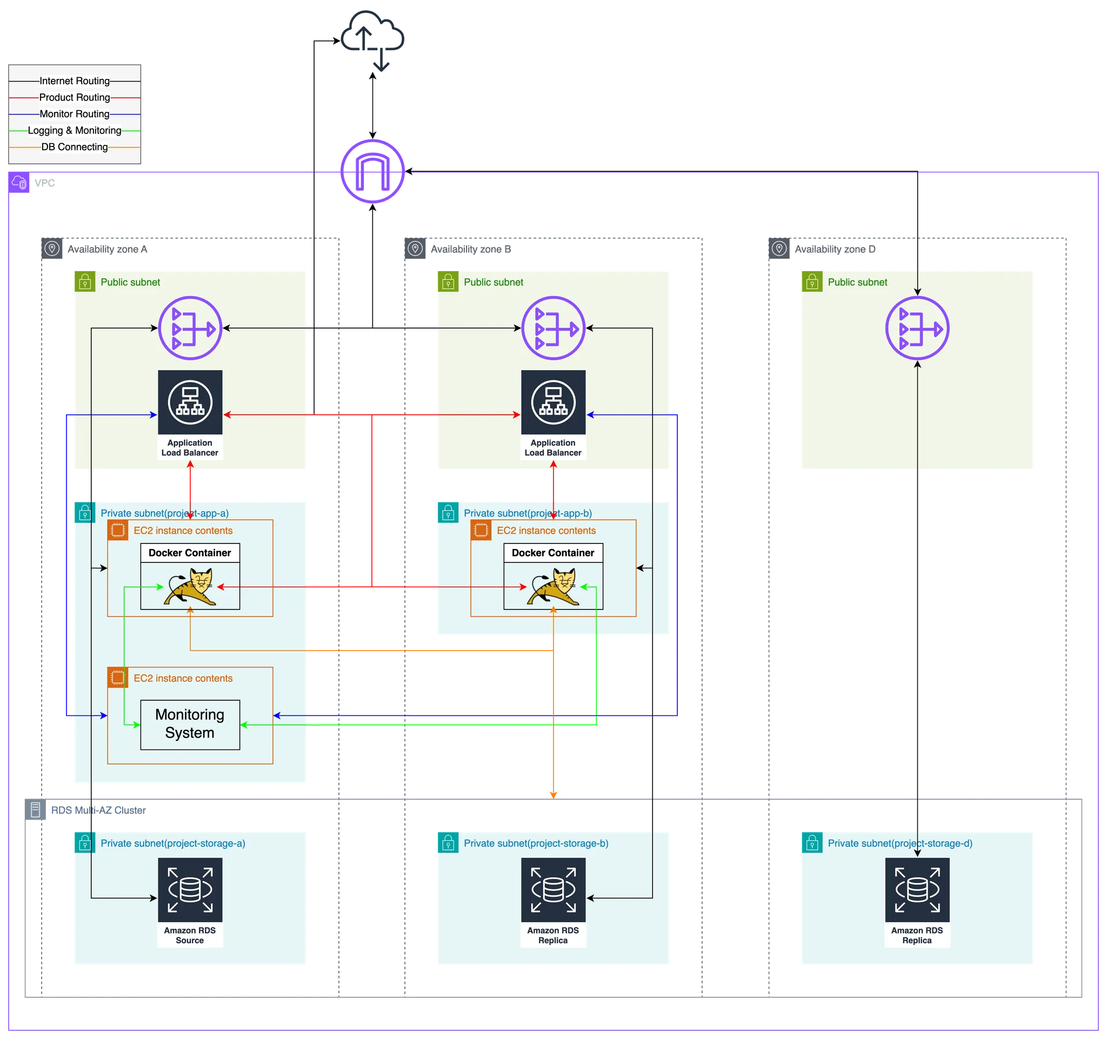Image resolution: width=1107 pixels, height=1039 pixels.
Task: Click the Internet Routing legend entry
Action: tap(75, 81)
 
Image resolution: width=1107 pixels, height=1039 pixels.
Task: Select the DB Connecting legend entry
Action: tap(75, 147)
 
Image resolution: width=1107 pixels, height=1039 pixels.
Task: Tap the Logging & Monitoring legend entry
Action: tap(75, 131)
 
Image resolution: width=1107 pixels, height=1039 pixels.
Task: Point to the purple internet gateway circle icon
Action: tap(372, 172)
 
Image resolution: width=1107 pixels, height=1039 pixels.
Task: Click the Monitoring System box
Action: tap(190, 724)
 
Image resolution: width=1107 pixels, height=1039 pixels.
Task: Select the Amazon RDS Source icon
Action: tap(190, 890)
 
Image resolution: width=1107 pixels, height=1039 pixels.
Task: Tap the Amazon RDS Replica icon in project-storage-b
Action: tap(553, 890)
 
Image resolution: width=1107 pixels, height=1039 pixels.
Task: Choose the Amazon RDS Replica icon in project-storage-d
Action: tap(917, 890)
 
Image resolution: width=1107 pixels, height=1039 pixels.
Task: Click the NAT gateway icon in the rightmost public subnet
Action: tap(917, 329)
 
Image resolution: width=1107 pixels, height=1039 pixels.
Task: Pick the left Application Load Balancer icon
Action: tap(190, 402)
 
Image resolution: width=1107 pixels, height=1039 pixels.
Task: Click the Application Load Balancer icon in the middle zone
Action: tap(553, 402)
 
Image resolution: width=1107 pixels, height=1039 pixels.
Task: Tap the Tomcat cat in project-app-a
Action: tap(190, 587)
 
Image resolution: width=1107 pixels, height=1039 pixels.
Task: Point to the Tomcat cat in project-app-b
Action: tap(553, 587)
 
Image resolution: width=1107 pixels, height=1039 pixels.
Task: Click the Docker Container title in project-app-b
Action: tap(553, 553)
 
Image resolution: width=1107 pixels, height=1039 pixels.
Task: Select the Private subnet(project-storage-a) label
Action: tap(172, 843)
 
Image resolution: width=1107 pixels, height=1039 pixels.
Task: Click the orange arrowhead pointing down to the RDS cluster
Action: tap(553, 794)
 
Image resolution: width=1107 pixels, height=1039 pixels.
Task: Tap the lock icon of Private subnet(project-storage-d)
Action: tap(811, 842)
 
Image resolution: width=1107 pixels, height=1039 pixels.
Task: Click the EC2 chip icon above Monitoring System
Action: tap(117, 678)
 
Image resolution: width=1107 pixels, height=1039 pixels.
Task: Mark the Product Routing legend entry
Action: tap(75, 97)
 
